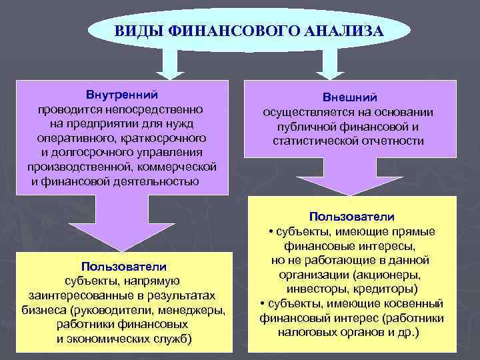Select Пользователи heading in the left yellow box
[123, 266]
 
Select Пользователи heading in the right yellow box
[351, 217]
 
